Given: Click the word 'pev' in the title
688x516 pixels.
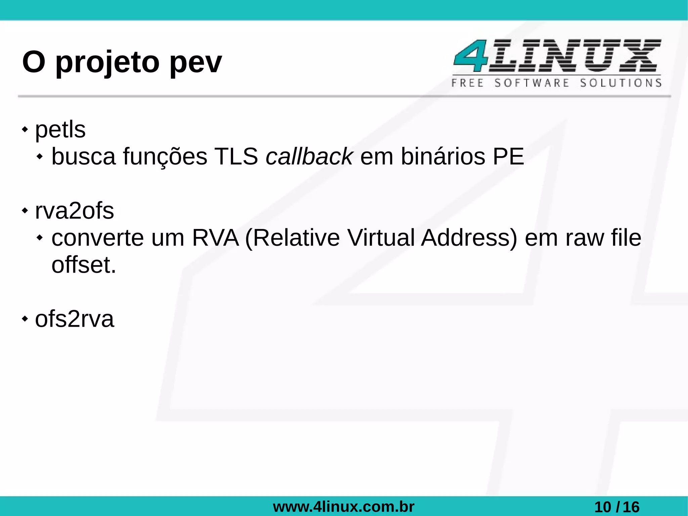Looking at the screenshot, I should click(x=196, y=63).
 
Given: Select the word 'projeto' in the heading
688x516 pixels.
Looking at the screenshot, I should click(x=107, y=63).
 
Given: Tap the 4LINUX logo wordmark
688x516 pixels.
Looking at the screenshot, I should click(x=557, y=55).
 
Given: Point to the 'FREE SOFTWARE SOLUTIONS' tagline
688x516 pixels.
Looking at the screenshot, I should click(x=556, y=83).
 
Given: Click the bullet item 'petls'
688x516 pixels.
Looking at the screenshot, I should click(x=60, y=129).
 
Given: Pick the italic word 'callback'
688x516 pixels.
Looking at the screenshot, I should click(x=309, y=157).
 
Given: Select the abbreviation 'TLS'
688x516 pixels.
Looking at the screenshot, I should click(x=236, y=157).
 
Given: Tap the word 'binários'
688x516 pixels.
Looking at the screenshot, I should click(x=443, y=157).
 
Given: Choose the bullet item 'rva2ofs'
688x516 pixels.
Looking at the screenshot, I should click(x=75, y=211).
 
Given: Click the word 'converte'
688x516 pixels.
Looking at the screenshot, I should click(x=97, y=238).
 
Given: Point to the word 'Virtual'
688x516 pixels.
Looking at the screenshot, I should click(x=381, y=238).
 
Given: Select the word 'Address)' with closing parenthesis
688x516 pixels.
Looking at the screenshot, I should click(x=469, y=238).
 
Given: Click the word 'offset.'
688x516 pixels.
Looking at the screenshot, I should click(x=84, y=265).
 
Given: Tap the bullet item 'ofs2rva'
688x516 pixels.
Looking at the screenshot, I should click(x=75, y=319).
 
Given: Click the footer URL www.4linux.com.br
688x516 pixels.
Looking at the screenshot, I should click(x=344, y=507).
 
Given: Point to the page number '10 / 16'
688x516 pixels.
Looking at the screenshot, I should click(x=617, y=507).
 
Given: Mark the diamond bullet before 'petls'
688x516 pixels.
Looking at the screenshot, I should click(x=25, y=129).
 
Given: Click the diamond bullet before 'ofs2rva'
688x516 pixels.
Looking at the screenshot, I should click(x=25, y=319).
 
